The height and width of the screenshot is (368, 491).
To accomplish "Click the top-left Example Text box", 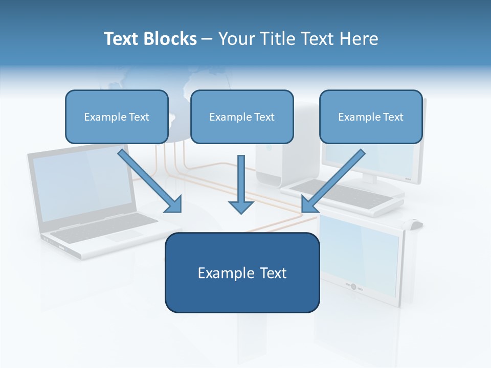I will (117, 117).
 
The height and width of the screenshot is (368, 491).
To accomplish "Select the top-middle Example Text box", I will (242, 117).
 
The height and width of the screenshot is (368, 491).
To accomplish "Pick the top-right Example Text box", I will (371, 117).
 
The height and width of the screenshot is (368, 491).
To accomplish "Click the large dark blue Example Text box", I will (242, 273).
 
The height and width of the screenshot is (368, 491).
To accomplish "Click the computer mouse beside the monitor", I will (414, 223).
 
